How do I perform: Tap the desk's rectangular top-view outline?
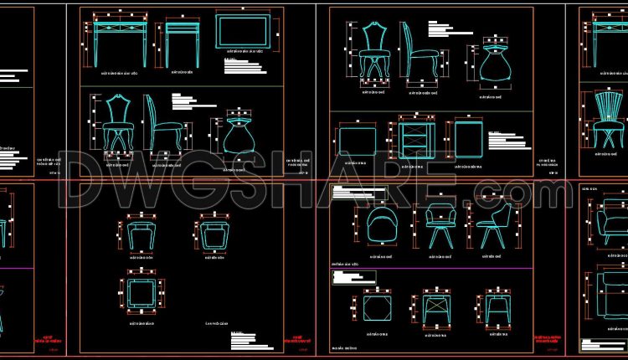click(243, 34)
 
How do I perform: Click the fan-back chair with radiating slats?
click(605, 121)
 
